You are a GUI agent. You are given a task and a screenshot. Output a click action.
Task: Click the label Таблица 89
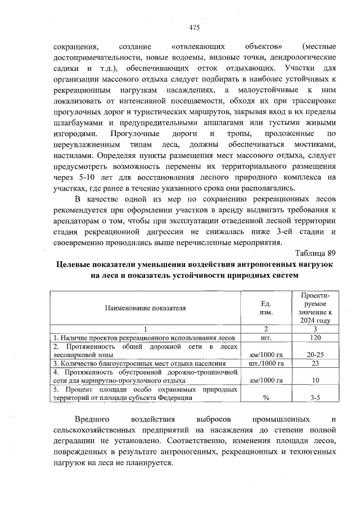click(315, 253)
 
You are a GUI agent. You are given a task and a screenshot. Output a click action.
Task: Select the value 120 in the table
click(315, 337)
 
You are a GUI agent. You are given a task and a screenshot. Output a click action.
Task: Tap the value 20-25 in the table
click(315, 355)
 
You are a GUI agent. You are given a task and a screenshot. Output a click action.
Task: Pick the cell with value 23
click(315, 364)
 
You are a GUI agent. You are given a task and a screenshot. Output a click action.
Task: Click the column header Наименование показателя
click(145, 308)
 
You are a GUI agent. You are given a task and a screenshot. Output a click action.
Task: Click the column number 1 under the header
click(145, 328)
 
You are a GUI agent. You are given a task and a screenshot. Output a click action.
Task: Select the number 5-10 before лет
click(90, 177)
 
